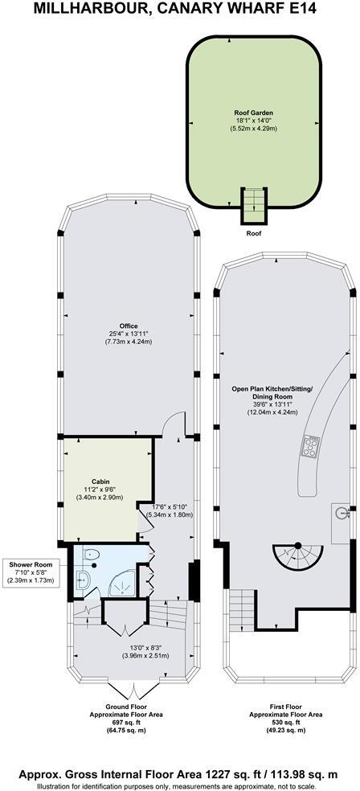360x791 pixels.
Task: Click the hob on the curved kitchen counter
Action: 310,446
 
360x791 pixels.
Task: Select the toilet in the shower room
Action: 91,553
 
